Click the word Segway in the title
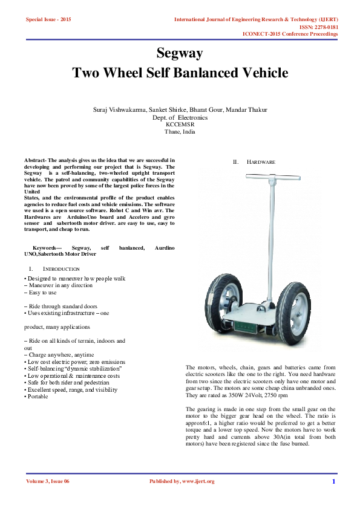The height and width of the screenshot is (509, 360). coord(180,53)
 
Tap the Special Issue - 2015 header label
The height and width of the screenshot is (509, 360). coord(48,20)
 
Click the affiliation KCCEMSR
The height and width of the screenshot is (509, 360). coord(180,125)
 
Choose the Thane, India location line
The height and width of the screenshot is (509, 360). coord(180,132)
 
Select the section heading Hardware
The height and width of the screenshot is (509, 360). coord(261,163)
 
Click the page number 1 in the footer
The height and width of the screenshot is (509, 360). coord(333,482)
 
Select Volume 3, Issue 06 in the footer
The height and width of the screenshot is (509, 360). coord(48,482)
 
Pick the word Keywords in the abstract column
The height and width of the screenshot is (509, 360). coord(47,248)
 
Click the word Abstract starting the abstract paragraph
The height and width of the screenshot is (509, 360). coord(35,160)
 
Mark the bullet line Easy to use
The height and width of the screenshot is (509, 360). coord(42,292)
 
